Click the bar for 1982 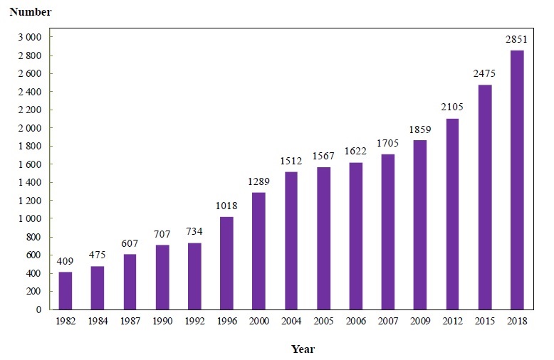pos(66,290)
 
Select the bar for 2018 pos(517,180)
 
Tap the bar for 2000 pos(258,250)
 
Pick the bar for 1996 pos(226,263)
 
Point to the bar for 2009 pos(420,225)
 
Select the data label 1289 pos(258,183)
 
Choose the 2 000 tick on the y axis pos(30,128)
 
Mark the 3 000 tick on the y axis pos(30,37)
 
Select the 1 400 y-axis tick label pos(30,183)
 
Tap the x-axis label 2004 pos(291,322)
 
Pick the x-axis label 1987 pos(130,322)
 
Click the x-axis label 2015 pos(484,322)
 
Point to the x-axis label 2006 pos(355,322)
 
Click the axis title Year pos(303,349)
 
